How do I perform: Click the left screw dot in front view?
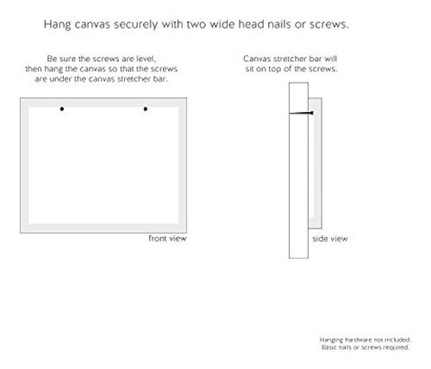click(x=62, y=109)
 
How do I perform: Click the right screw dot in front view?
click(x=146, y=109)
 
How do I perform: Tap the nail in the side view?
click(x=301, y=113)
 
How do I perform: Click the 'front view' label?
click(x=167, y=238)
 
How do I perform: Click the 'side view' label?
click(x=330, y=239)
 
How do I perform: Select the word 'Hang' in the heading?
click(x=57, y=25)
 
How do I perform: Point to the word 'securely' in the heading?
click(x=135, y=25)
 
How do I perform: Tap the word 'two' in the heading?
click(x=197, y=24)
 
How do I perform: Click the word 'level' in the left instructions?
click(x=147, y=59)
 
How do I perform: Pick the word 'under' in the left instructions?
click(x=61, y=78)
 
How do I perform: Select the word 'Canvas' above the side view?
click(x=257, y=59)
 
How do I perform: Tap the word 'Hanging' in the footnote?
click(x=331, y=341)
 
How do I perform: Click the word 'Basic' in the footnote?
click(x=328, y=347)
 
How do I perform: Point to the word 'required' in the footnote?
click(x=397, y=347)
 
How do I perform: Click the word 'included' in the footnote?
click(x=397, y=340)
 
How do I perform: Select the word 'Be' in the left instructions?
click(x=52, y=59)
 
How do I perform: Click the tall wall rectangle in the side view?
click(x=298, y=171)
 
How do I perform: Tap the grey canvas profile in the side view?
click(x=315, y=163)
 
